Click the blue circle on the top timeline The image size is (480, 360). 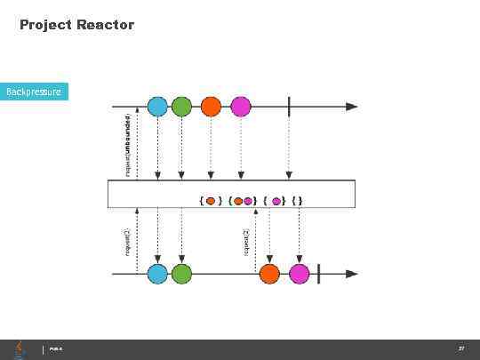157,107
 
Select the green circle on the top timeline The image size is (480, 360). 181,107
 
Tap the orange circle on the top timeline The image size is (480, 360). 211,107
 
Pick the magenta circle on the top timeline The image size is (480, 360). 241,107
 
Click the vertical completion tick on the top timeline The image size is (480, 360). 289,107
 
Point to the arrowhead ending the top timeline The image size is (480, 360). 353,107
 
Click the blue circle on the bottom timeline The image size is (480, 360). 157,274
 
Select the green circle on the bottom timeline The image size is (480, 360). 181,274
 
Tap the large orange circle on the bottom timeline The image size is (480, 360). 269,274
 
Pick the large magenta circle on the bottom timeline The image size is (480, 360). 300,274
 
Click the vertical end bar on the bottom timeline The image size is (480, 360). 318,274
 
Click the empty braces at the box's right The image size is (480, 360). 295,201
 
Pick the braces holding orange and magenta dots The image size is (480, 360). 243,201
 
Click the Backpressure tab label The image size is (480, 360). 34,92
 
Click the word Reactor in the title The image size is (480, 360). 105,25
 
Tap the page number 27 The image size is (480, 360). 461,348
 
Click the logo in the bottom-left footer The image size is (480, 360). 18,348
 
